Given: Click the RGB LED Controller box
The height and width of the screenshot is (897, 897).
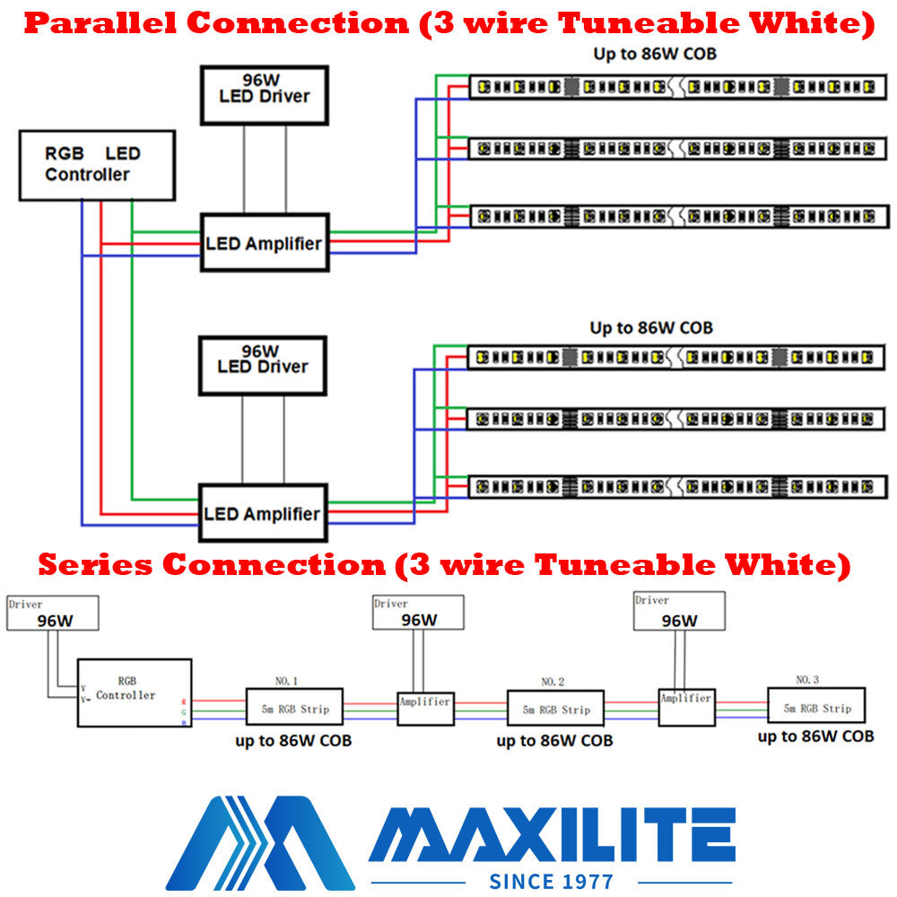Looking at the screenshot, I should click(97, 165).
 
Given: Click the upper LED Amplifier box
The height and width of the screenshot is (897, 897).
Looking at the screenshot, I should click(264, 242).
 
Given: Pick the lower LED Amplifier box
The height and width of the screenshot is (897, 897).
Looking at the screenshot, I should click(262, 513).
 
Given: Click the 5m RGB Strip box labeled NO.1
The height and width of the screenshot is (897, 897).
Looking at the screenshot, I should click(294, 709).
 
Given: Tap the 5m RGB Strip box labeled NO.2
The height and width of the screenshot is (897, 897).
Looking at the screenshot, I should click(555, 709).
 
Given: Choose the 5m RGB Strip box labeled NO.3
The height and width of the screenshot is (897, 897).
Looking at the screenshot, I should click(816, 707).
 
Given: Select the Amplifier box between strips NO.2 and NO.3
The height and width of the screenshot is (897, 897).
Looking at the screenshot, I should click(686, 705).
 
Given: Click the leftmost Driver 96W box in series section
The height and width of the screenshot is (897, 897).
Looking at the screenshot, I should click(53, 613).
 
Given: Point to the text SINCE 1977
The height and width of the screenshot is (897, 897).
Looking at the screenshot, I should click(552, 881).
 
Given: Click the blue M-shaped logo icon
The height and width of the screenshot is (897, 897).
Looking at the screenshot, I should click(260, 841).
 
